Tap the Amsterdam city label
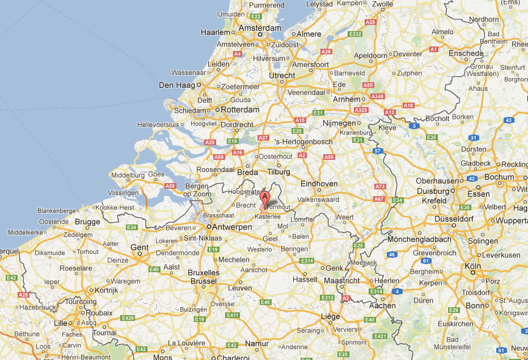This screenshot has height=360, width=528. coord(260,28)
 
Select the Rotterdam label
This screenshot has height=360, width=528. coord(240,109)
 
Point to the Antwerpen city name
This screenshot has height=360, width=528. coord(232,227)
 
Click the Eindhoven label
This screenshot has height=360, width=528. coord(319,184)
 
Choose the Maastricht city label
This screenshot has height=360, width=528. coord(341,281)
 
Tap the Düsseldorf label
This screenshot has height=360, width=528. coord(454,219)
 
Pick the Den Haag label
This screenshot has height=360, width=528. coord(177,85)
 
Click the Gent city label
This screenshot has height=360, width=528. coord(140,247)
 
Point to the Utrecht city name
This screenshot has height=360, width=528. coord(282,75)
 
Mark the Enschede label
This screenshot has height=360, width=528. coord(466,53)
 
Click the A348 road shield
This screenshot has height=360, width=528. coord(377,96)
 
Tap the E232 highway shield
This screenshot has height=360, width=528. coord(356,35)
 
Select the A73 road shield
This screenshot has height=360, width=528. coord(380,187)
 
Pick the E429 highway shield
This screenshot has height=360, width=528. coord(128,318)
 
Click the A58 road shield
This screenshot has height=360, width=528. coord(170,185)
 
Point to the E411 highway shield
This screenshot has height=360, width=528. coord(232,315)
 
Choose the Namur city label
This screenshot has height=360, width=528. coord(257,343)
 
